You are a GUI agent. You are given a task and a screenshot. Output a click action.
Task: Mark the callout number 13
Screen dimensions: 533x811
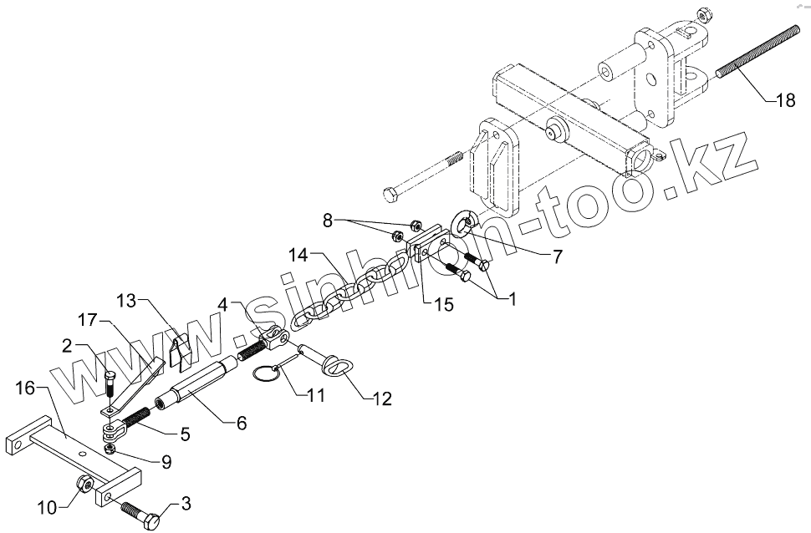click(126, 299)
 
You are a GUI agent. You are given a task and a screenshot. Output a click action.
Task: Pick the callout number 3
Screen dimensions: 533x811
click(186, 504)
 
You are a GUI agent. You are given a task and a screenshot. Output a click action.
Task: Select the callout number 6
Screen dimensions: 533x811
click(241, 424)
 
